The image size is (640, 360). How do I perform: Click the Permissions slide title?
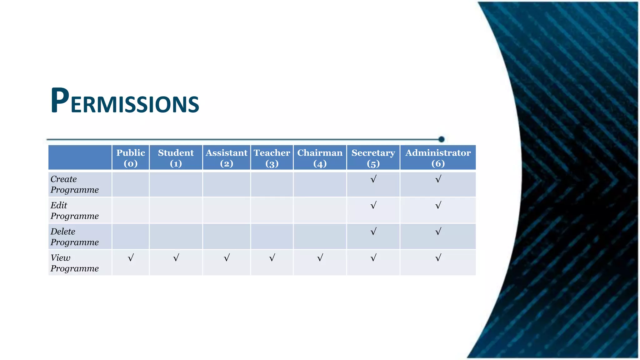point(125,101)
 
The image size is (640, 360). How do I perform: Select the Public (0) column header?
point(131,158)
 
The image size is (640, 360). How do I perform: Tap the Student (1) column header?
point(176,158)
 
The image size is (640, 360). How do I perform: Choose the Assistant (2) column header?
point(227,158)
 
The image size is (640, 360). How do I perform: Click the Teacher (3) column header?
point(272,158)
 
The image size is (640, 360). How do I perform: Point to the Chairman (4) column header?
point(320,158)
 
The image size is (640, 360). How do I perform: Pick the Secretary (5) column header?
point(373,158)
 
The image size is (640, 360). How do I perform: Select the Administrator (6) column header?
point(438,158)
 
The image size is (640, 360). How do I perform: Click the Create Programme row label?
point(75,184)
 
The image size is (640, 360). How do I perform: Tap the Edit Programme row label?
point(75,211)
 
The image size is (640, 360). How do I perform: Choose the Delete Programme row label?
point(75,237)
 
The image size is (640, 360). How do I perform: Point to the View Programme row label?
point(75,263)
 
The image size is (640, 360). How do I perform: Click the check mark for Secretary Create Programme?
point(373,179)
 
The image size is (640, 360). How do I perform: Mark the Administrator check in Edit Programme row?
point(438,205)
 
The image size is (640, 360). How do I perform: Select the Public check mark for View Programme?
point(131,258)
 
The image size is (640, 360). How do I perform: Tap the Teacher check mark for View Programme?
point(272,258)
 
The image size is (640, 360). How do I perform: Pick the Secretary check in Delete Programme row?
point(373,232)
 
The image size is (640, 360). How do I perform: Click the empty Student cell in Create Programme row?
point(176,184)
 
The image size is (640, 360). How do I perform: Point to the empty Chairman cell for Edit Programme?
point(320,211)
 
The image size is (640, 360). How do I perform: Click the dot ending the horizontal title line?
point(441,139)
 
